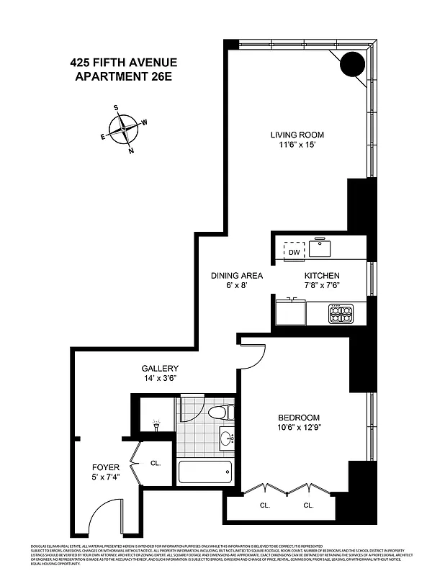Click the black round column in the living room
click(352, 65)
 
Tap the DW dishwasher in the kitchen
click(294, 252)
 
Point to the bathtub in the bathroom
click(205, 473)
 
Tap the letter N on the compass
click(130, 151)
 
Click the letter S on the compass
click(116, 107)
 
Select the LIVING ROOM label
click(297, 135)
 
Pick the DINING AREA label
click(236, 276)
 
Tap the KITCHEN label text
click(321, 276)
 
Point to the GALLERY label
click(159, 369)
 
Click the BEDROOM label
click(299, 418)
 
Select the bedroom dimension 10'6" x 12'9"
click(299, 428)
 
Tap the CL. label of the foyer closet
click(155, 463)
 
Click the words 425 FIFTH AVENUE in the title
click(123, 63)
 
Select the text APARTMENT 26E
click(123, 75)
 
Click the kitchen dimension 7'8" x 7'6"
click(321, 286)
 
